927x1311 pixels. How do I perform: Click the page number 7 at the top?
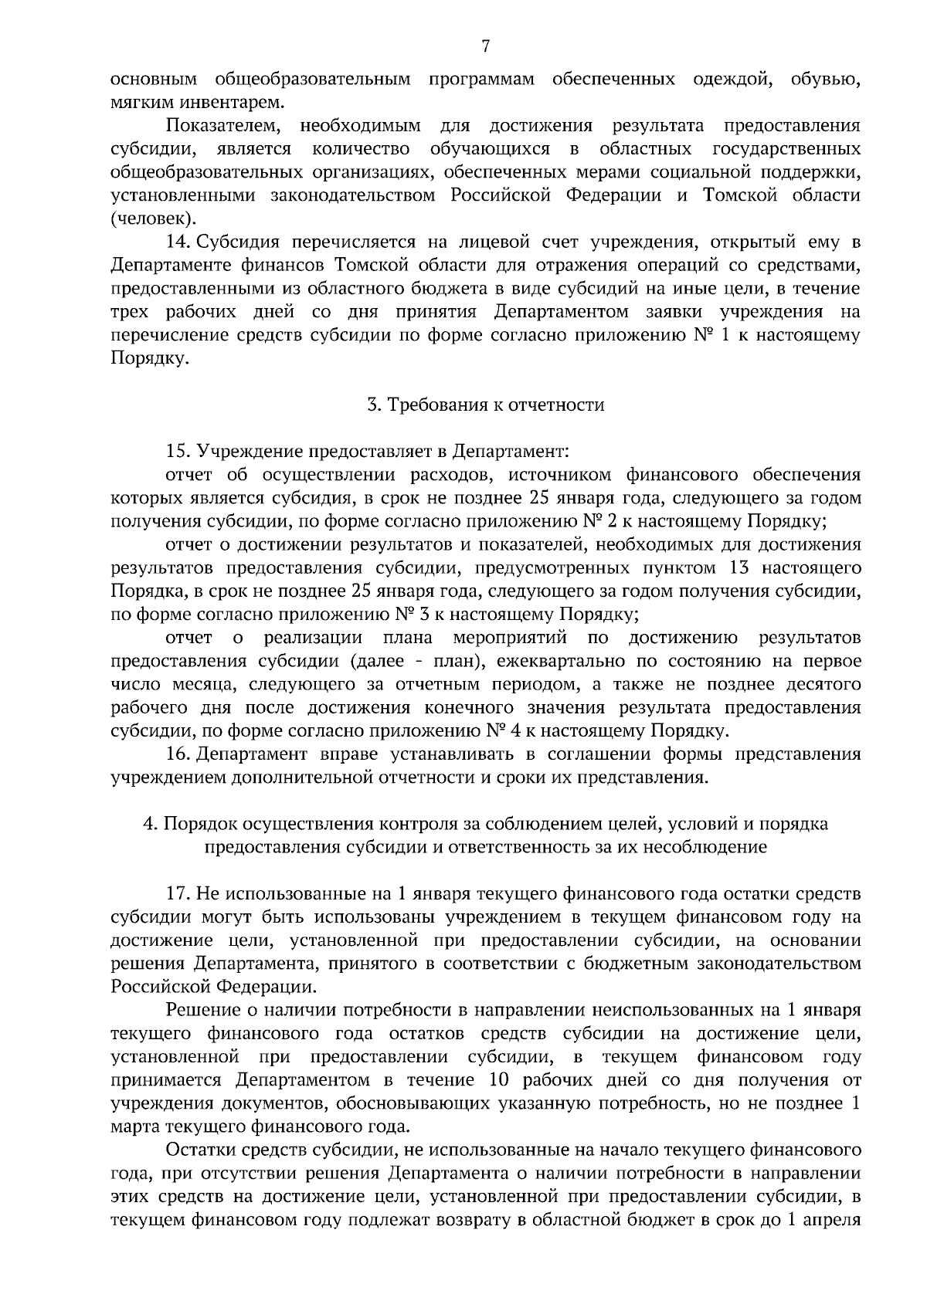(x=485, y=47)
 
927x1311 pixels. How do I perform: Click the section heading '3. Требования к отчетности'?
(x=485, y=405)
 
